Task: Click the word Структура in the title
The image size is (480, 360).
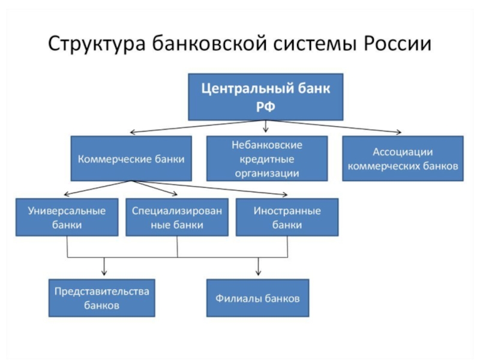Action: click(97, 44)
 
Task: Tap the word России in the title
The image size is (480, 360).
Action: click(397, 43)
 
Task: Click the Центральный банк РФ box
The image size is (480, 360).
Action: click(265, 97)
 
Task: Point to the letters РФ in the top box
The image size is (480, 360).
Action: click(265, 107)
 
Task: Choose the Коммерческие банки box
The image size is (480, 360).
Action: click(131, 158)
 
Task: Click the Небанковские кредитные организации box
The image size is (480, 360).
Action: click(267, 158)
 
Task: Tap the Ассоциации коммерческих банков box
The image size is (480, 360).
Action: click(403, 158)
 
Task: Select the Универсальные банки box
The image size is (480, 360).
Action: click(67, 217)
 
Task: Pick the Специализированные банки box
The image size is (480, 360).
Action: click(177, 217)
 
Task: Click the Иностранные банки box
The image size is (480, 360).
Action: click(287, 217)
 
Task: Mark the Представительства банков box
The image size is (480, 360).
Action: click(101, 298)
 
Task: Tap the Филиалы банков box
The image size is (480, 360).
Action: click(258, 298)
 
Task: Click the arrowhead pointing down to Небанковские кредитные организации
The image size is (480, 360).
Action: click(265, 130)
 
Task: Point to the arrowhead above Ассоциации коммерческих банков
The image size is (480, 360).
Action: click(398, 132)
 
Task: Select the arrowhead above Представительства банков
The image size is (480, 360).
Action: click(104, 273)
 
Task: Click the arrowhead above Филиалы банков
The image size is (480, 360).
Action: click(259, 273)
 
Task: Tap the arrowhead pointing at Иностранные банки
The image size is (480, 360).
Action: click(285, 194)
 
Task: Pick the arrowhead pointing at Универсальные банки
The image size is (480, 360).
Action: click(66, 194)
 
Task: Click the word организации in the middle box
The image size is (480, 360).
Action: click(267, 173)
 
